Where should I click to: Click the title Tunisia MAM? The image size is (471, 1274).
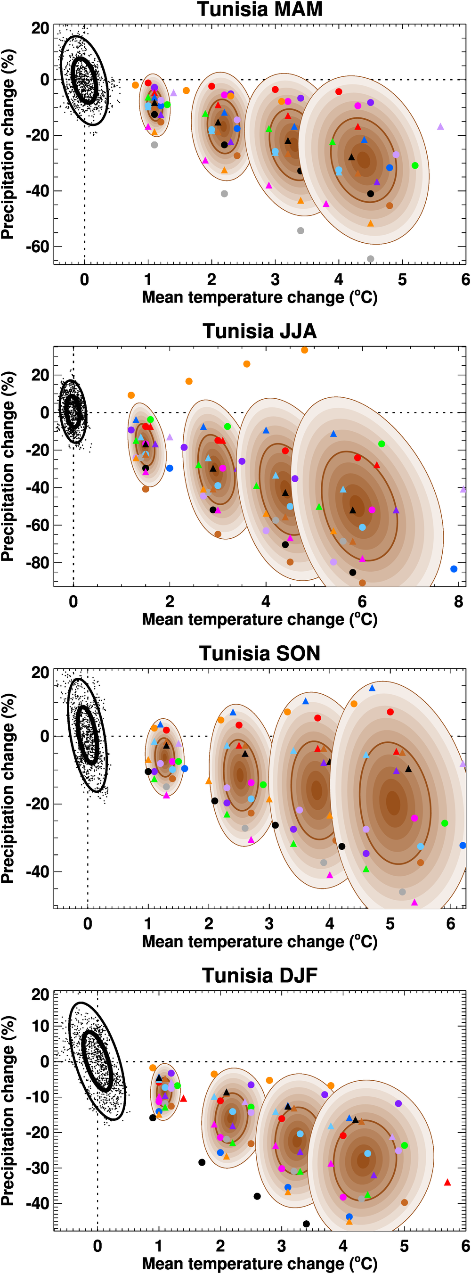(x=260, y=9)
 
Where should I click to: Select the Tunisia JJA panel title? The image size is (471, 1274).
(x=260, y=331)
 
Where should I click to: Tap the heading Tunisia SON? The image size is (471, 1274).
(x=260, y=653)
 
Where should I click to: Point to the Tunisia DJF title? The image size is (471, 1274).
(x=260, y=975)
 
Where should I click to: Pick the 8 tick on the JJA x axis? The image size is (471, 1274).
(x=458, y=602)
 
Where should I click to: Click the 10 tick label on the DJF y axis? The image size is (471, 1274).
(x=41, y=1026)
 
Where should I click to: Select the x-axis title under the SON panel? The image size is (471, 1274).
(x=260, y=941)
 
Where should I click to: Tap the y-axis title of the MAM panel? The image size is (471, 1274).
(x=8, y=144)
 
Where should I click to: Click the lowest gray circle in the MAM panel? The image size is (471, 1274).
(x=371, y=259)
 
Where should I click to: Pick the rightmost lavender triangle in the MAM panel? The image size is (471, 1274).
(x=440, y=127)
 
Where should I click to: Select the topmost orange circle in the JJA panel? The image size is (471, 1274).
(x=304, y=350)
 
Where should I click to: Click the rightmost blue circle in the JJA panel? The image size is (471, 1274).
(x=454, y=569)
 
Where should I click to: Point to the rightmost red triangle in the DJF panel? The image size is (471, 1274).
(x=447, y=1183)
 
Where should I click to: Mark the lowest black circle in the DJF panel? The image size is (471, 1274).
(x=307, y=1224)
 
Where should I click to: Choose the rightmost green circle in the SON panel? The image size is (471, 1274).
(x=445, y=823)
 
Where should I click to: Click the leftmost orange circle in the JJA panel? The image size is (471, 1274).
(x=131, y=395)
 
